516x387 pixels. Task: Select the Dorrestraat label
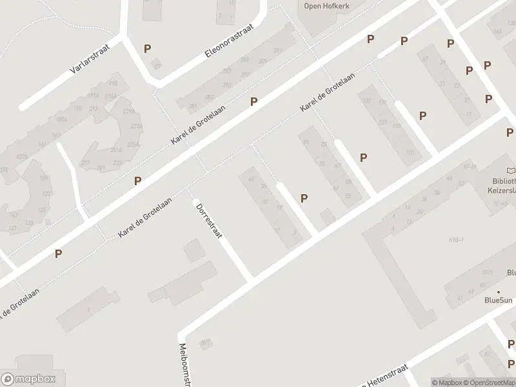(208, 219)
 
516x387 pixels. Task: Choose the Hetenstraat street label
(387, 382)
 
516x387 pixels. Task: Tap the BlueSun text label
(499, 300)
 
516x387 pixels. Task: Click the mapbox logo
(28, 379)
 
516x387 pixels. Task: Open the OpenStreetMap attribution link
(491, 382)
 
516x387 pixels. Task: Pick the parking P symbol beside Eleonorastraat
(148, 48)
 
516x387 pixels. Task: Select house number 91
(306, 142)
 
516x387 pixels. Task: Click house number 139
(366, 100)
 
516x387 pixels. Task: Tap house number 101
(410, 153)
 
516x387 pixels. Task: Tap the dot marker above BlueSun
(499, 292)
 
